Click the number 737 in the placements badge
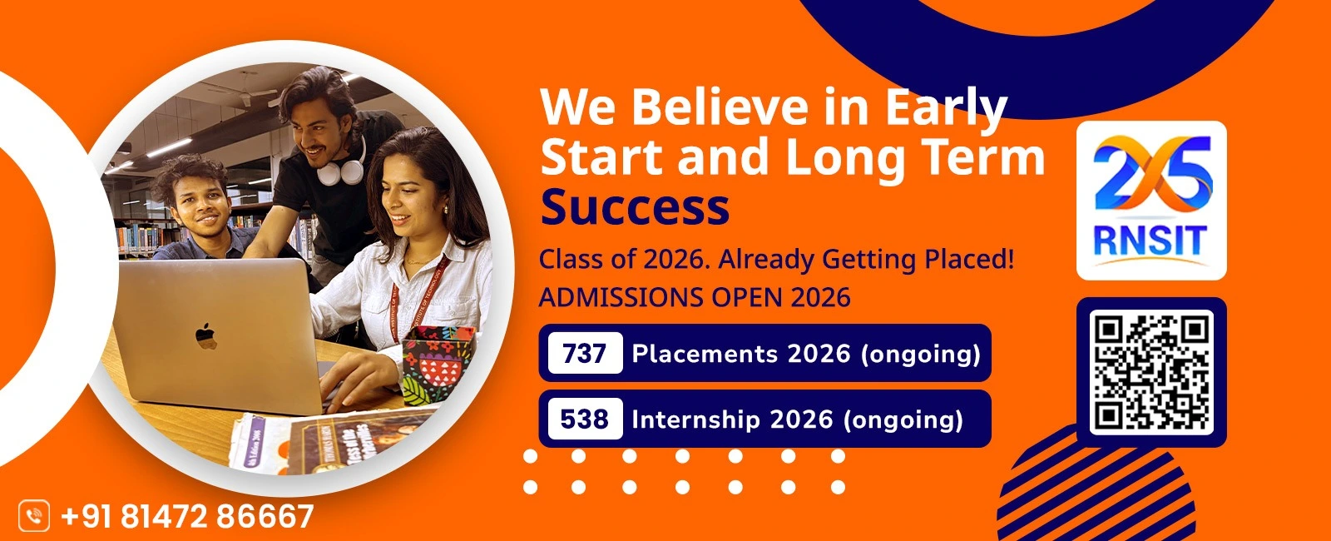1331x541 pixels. click(585, 354)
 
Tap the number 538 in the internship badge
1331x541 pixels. click(585, 419)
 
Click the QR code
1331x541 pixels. click(1151, 372)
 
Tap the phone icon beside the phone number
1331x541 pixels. click(34, 515)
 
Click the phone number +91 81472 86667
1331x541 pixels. click(187, 516)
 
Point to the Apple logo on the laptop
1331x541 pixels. click(205, 336)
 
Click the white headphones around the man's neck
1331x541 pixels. click(340, 168)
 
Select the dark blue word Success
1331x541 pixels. click(635, 207)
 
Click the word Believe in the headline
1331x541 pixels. click(720, 107)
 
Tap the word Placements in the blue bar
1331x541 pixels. click(705, 354)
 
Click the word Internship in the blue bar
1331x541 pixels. click(695, 419)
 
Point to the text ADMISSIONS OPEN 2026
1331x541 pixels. click(695, 297)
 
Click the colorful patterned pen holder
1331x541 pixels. click(438, 364)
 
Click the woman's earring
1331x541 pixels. click(446, 210)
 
